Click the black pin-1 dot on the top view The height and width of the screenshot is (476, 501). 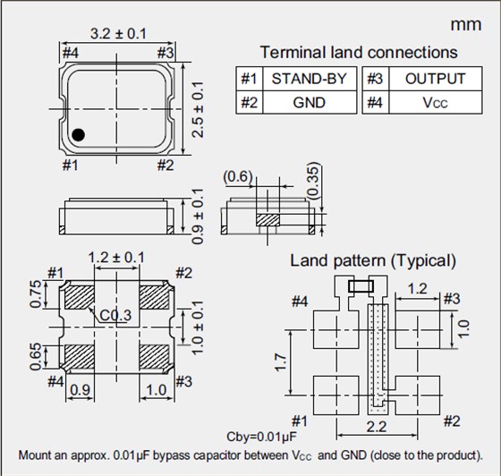coord(79,134)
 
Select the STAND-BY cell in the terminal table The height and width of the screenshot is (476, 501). coord(309,79)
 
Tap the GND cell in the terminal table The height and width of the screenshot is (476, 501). coord(309,102)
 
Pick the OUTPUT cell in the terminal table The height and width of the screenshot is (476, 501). coord(435,79)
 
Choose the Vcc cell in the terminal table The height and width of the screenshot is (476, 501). coord(435,102)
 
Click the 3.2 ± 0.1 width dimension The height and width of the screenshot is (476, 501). coord(118,34)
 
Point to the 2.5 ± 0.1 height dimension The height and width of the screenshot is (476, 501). coord(198,109)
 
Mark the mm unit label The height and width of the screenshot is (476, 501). coord(466,25)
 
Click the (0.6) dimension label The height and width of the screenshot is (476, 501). coord(238,176)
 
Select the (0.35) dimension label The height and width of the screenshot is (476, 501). coord(314,181)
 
